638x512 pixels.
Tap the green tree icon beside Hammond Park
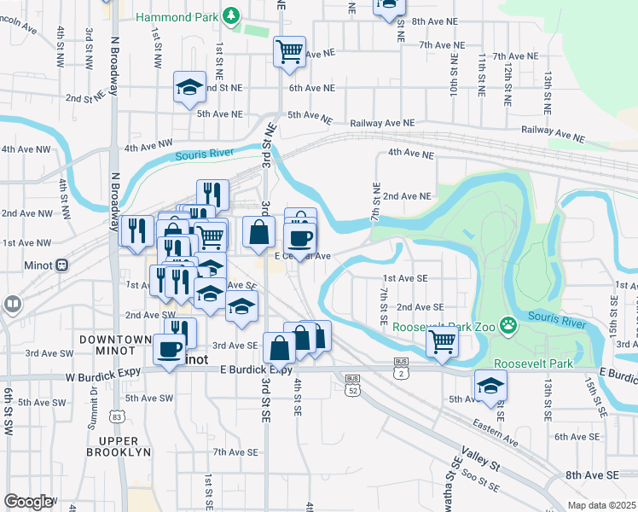[x=229, y=15]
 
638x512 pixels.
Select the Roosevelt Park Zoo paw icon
[x=508, y=324]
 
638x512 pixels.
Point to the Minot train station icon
[x=61, y=265]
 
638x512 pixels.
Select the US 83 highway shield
[x=117, y=416]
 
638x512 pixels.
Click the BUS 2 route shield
[x=400, y=373]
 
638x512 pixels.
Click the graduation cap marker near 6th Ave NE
[x=189, y=86]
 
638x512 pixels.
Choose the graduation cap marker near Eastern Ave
[x=490, y=386]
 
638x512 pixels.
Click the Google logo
[x=28, y=502]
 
